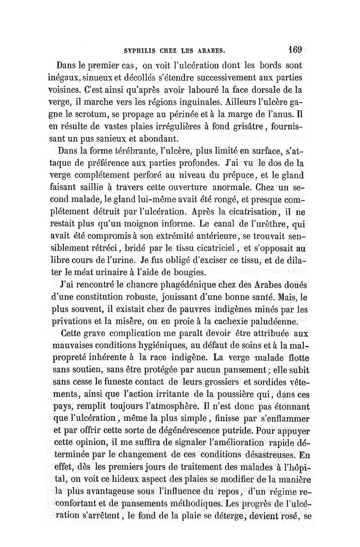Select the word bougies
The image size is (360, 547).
[x=189, y=271]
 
